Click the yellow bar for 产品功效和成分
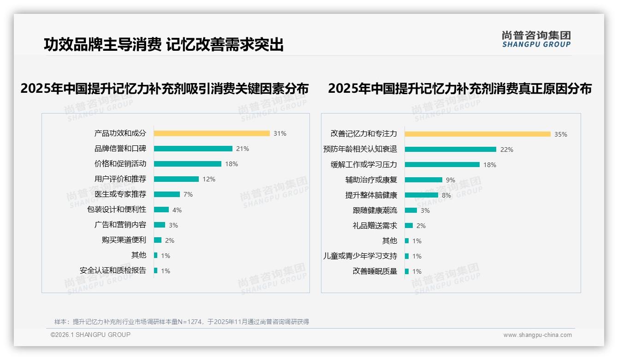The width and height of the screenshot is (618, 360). coord(212,133)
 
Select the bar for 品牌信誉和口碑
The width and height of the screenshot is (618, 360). coord(193,149)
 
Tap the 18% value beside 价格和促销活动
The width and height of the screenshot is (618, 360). coord(232,164)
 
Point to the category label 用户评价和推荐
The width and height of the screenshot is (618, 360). coord(120,179)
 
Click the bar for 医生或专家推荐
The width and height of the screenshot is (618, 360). coord(166,194)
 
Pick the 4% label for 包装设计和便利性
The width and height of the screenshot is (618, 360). coord(177,210)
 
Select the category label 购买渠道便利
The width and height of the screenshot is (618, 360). coord(124,240)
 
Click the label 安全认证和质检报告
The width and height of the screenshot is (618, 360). coord(113,270)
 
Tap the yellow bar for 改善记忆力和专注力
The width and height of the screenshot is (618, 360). coord(477,134)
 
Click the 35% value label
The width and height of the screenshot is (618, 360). coord(561,134)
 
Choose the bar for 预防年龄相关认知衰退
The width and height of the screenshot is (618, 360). coord(450,150)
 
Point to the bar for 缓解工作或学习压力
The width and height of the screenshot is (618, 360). coord(442,164)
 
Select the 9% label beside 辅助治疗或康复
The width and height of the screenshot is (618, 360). coord(451,180)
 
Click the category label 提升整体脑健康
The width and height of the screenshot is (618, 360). coord(371,195)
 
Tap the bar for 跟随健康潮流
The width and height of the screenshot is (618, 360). coord(410,210)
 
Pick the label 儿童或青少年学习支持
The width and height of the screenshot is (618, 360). coord(360,256)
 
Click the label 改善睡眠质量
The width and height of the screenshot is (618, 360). coord(375,271)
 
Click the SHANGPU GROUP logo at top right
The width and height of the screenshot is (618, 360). coord(536,39)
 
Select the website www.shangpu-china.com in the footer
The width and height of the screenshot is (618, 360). coord(537,335)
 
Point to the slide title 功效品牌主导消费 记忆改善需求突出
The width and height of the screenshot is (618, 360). coord(164,45)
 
